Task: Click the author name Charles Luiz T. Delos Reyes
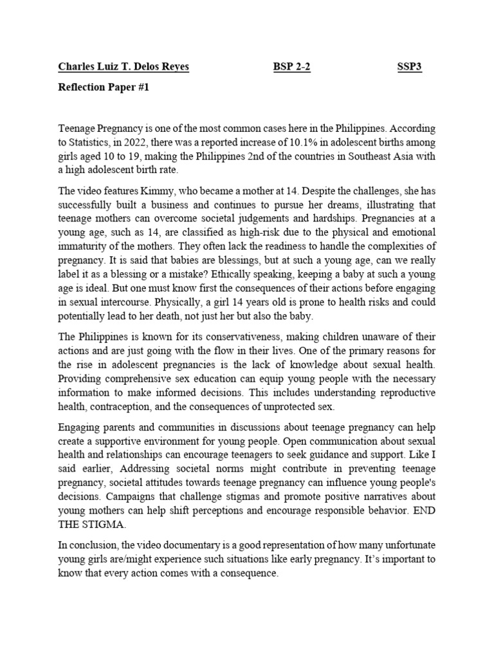(x=123, y=68)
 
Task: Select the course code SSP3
(x=409, y=68)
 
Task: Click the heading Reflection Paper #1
(x=104, y=89)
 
